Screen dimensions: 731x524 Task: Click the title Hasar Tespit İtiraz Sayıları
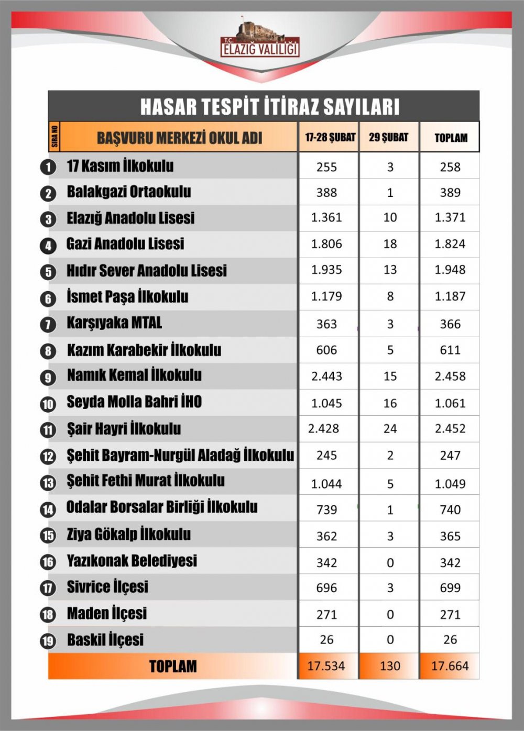pyautogui.click(x=269, y=106)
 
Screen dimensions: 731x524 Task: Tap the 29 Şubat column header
pyautogui.click(x=388, y=137)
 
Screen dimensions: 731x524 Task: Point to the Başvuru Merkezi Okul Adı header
pyautogui.click(x=179, y=138)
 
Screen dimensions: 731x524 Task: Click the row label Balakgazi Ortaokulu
pyautogui.click(x=129, y=192)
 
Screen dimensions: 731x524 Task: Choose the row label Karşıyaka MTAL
pyautogui.click(x=114, y=323)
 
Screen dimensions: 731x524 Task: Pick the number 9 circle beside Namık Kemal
pyautogui.click(x=48, y=377)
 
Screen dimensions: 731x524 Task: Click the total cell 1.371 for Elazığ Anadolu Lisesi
pyautogui.click(x=450, y=217)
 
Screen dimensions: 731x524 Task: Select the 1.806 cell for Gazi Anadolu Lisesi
pyautogui.click(x=326, y=244)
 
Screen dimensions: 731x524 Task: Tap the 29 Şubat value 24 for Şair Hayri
pyautogui.click(x=390, y=429)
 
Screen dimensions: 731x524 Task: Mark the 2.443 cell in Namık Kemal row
pyautogui.click(x=326, y=376)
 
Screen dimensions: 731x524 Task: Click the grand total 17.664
pyautogui.click(x=450, y=666)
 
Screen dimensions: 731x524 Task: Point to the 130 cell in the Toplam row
pyautogui.click(x=390, y=666)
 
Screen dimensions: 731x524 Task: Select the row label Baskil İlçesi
pyautogui.click(x=105, y=640)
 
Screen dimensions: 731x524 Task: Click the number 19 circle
pyautogui.click(x=48, y=641)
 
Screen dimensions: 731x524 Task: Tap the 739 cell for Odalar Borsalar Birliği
pyautogui.click(x=326, y=510)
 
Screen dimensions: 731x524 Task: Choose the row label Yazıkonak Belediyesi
pyautogui.click(x=132, y=561)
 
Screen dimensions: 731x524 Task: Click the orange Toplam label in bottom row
pyautogui.click(x=173, y=666)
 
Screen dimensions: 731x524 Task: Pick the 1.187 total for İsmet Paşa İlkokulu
pyautogui.click(x=450, y=296)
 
